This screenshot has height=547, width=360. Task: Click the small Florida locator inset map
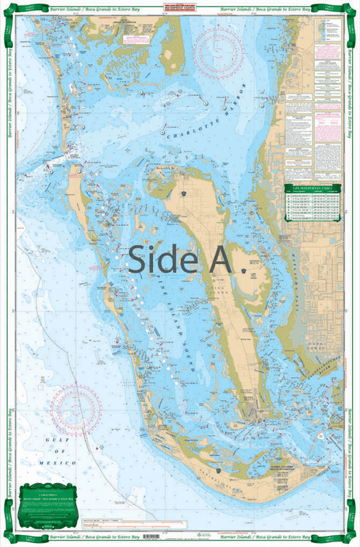pos(325,30)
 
